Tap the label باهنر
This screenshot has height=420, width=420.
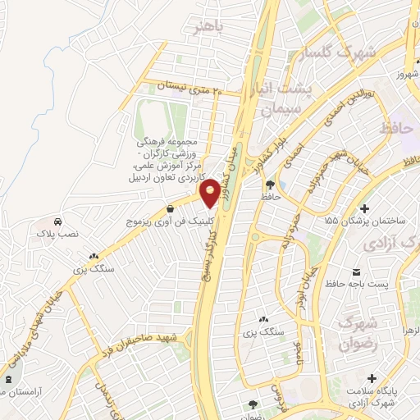[x=227, y=30]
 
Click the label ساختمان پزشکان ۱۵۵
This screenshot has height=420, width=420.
[x=365, y=221]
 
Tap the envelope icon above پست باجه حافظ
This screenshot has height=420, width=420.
[x=356, y=271]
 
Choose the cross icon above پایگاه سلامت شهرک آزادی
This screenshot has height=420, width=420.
[x=373, y=378]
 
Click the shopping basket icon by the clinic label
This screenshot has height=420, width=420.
[x=169, y=208]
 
